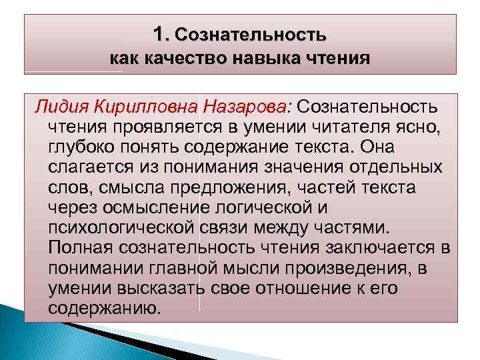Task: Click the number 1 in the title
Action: [x=158, y=33]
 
